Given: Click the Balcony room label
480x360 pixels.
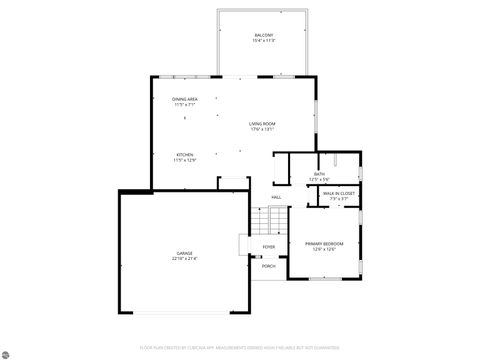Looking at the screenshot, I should pos(264,36).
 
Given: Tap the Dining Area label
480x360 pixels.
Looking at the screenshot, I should pos(183,99).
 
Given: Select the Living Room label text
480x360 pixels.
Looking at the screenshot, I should pos(263,123).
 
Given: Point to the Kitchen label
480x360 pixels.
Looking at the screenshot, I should pos(183,153).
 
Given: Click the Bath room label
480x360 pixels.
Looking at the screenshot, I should pos(319,175).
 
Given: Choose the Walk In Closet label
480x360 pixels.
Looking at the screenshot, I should pos(338,193).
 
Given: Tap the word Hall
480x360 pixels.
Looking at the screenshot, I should pos(275,197).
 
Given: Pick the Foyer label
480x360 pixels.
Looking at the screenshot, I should pos(269,246).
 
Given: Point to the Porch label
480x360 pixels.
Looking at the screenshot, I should pos(269,266).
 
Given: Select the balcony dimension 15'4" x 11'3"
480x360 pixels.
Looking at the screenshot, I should pos(264,41).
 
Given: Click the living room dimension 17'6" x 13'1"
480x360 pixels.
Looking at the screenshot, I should pos(263,128).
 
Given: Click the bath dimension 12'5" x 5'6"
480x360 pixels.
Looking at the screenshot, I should pos(319,180).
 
